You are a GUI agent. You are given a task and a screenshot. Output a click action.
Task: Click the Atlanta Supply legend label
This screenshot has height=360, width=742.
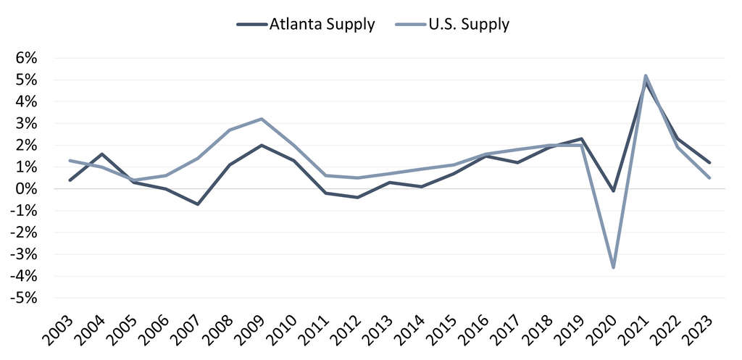[x=322, y=24]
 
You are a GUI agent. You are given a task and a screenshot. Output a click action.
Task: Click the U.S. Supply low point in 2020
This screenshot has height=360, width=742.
[x=614, y=267]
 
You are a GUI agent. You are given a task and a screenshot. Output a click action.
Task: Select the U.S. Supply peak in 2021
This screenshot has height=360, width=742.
[x=646, y=75]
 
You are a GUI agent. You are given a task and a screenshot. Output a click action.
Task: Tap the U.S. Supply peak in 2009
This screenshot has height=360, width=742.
[x=262, y=119]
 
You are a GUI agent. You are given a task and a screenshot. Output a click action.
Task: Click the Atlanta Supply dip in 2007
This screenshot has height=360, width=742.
[x=198, y=204]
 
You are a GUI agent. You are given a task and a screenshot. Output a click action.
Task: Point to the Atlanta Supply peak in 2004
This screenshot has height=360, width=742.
[x=101, y=154]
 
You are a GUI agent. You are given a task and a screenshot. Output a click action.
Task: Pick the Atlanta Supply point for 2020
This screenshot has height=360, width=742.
[x=614, y=191]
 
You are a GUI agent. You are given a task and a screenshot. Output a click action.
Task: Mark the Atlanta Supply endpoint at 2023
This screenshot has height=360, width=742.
[x=709, y=163]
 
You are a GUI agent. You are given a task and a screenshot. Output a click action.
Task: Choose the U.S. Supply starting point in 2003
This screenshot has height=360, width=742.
[x=70, y=161]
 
